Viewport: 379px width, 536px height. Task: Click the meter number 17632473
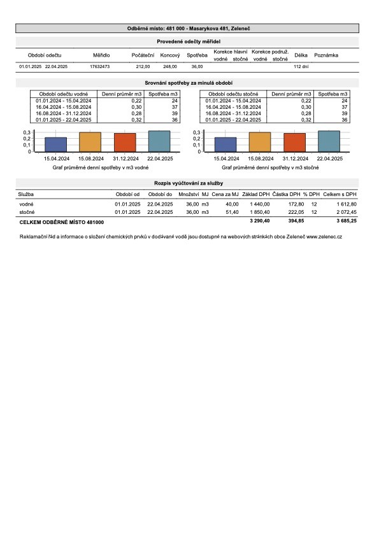100,67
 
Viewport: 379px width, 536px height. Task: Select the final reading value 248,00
170,67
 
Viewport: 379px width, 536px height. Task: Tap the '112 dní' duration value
301,67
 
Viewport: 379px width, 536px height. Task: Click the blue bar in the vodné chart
56,145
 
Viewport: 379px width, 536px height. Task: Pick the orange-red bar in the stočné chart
294,143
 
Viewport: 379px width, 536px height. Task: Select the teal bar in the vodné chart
159,141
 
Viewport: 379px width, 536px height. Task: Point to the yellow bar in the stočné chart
260,142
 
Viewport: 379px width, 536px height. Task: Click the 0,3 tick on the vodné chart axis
27,132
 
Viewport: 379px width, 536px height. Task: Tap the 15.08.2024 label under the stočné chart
261,159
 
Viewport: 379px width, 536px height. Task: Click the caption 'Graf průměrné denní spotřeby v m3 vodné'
101,168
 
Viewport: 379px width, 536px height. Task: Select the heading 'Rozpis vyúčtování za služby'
189,183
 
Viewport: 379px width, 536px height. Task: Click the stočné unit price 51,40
232,212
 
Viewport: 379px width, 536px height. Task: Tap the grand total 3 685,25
347,221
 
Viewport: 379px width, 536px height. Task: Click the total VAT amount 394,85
296,221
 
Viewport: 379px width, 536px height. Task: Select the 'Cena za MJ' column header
225,194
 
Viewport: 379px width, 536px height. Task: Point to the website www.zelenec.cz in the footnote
324,237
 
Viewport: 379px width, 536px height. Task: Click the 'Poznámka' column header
326,55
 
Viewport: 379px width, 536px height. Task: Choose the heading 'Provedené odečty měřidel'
189,42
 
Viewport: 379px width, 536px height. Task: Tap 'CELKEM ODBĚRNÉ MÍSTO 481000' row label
62,222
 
